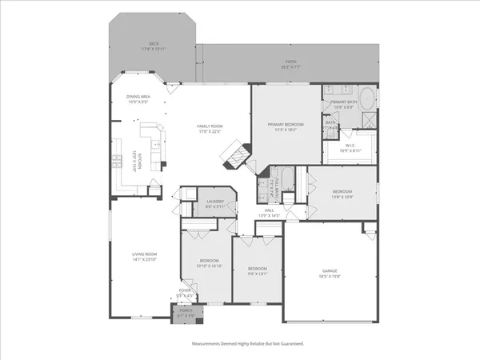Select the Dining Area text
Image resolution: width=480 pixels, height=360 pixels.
click(138, 97)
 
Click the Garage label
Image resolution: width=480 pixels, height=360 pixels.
click(330, 271)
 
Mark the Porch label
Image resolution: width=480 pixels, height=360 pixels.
click(184, 314)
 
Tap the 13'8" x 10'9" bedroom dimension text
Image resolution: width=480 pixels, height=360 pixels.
click(342, 198)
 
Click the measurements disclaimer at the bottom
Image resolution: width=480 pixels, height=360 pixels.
click(247, 343)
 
